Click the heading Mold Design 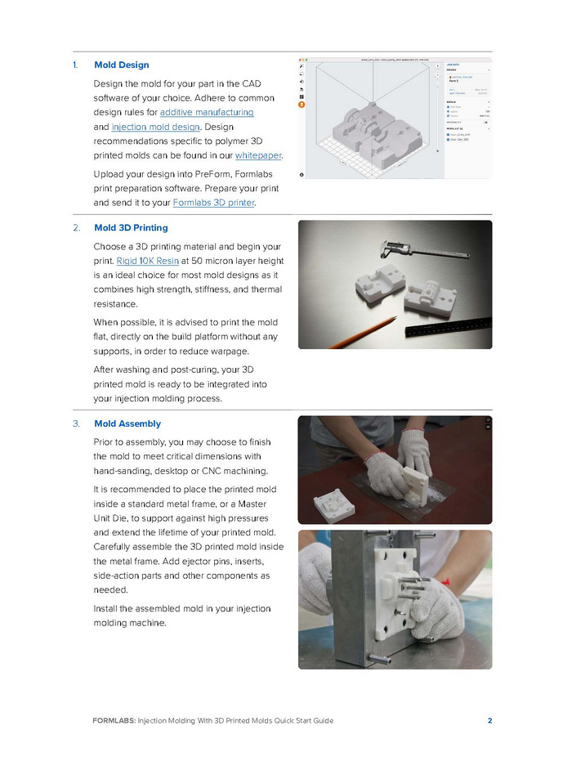click(x=122, y=65)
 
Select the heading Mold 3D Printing click(x=131, y=227)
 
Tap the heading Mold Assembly click(x=127, y=423)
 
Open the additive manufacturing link click(x=207, y=111)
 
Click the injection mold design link click(x=155, y=127)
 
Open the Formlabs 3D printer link click(x=214, y=202)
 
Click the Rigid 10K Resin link click(x=148, y=260)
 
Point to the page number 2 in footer click(x=489, y=720)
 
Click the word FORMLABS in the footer click(x=114, y=720)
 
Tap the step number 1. click(x=75, y=65)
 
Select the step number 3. click(x=76, y=423)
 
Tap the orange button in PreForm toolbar click(x=302, y=105)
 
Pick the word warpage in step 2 click(x=255, y=334)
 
